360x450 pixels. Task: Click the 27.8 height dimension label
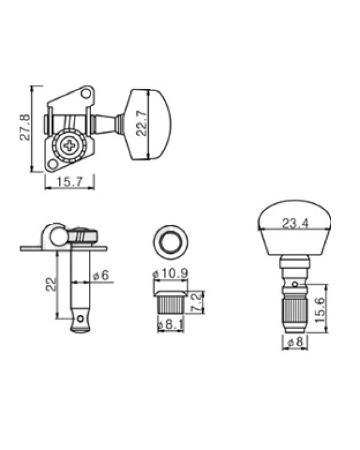(25, 127)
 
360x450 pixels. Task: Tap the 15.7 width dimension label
(70, 182)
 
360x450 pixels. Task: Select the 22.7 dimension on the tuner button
(142, 123)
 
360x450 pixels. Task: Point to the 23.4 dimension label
(295, 224)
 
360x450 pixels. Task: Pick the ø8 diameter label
(295, 342)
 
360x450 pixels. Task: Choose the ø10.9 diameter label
(170, 273)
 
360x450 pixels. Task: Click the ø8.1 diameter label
(170, 325)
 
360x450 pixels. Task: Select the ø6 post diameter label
(101, 275)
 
